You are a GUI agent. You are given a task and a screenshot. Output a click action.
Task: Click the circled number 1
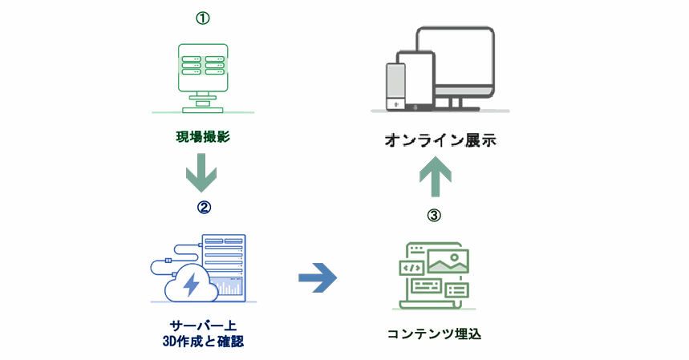203,18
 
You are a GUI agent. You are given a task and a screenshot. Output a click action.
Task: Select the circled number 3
434,215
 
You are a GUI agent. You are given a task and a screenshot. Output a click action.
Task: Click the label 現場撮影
203,137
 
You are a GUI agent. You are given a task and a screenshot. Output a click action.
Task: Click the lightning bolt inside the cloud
192,284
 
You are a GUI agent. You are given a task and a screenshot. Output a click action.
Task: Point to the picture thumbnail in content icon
448,261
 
